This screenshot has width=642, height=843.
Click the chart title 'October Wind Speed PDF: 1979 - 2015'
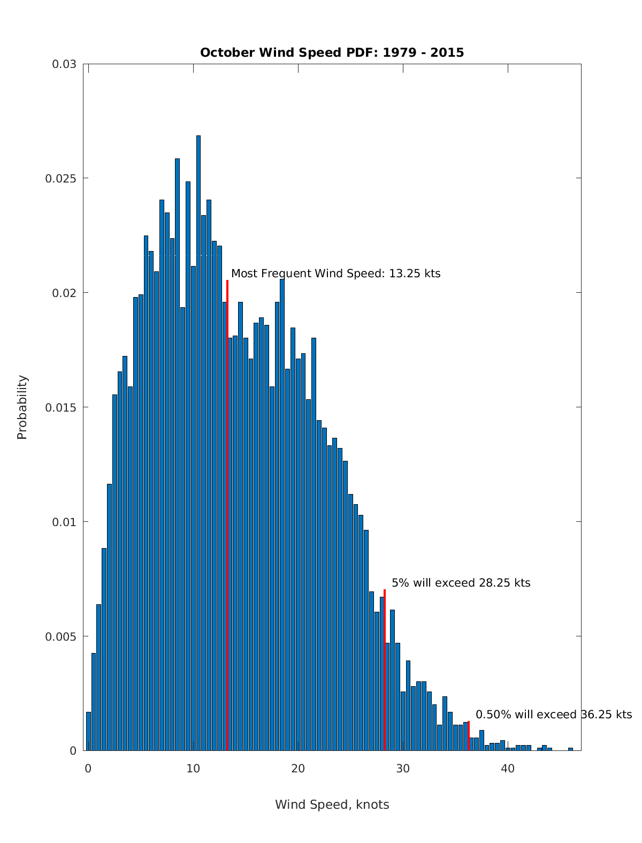coord(332,52)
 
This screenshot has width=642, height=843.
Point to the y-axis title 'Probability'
coord(22,407)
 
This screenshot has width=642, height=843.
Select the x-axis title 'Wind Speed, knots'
coord(332,804)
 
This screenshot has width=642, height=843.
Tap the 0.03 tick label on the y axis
coord(64,64)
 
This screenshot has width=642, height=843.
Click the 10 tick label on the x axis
coord(193,769)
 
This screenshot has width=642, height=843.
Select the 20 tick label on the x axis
coord(298,769)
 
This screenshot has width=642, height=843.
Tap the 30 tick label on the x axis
coord(403,769)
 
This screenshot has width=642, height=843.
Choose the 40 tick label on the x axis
coord(508,769)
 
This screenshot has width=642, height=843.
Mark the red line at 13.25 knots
coord(227,514)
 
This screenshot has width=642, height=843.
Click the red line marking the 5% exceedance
coord(385,669)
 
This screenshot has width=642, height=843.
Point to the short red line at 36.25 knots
coord(469,736)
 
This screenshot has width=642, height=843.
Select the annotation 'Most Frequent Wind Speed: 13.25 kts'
coord(336,274)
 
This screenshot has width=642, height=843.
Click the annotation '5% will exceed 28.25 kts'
coord(461,583)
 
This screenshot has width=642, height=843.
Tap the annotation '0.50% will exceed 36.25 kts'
coord(554,715)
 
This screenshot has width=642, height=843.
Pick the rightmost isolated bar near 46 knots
coord(570,749)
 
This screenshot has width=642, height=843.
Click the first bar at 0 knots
coord(89,731)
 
